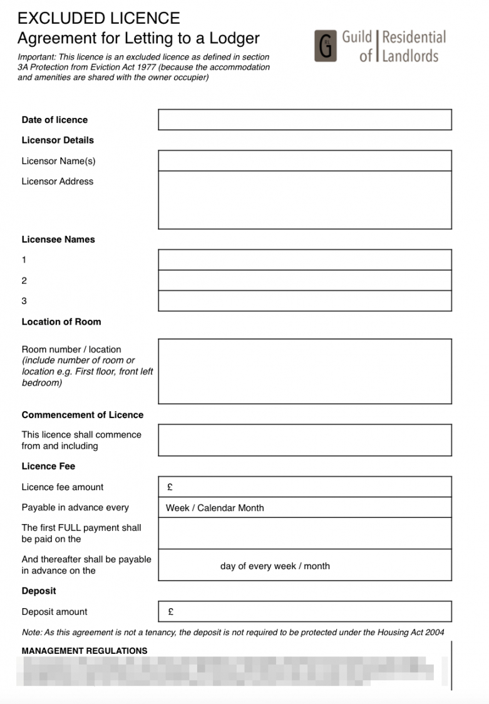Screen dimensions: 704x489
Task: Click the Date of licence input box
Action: pyautogui.click(x=304, y=120)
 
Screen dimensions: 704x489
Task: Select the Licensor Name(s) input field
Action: pyautogui.click(x=304, y=160)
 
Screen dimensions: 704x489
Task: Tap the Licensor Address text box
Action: pyautogui.click(x=304, y=199)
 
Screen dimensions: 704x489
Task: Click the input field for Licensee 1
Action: pyautogui.click(x=304, y=260)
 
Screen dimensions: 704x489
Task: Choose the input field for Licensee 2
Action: pyautogui.click(x=304, y=280)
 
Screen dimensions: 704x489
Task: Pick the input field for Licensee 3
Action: pyautogui.click(x=304, y=301)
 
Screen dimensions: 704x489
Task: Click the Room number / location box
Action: pyautogui.click(x=304, y=371)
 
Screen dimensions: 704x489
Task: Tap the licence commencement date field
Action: pyautogui.click(x=304, y=440)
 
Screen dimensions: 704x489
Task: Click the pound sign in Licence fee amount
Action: pyautogui.click(x=170, y=487)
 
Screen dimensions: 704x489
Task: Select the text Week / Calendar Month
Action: pyautogui.click(x=215, y=508)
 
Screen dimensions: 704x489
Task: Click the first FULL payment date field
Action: pyautogui.click(x=304, y=533)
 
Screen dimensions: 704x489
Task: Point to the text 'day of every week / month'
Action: pyautogui.click(x=275, y=566)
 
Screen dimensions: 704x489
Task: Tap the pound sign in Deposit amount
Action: pyautogui.click(x=171, y=612)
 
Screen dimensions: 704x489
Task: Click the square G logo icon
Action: pyautogui.click(x=325, y=46)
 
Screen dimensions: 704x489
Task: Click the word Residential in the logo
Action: pyautogui.click(x=414, y=37)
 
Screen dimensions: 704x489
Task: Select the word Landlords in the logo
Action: pyautogui.click(x=410, y=56)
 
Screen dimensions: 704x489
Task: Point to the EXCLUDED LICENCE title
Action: pyautogui.click(x=98, y=18)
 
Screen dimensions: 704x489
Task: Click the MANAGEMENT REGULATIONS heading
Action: pyautogui.click(x=85, y=651)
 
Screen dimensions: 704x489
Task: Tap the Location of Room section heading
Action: pyautogui.click(x=61, y=322)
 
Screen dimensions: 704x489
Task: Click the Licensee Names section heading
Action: pyautogui.click(x=58, y=239)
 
